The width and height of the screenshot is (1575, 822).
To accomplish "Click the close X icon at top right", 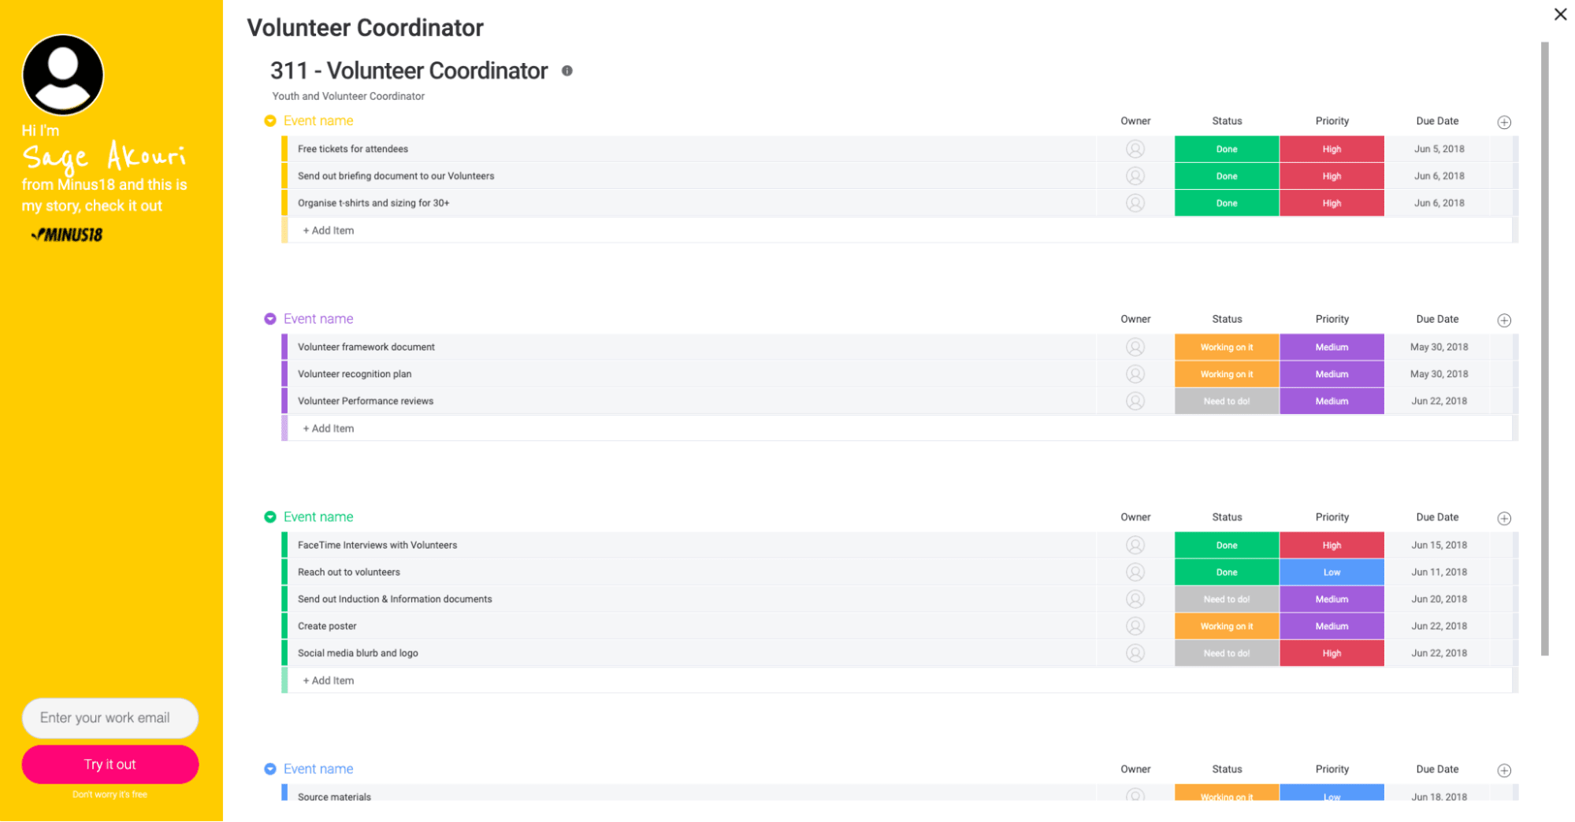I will click(1560, 14).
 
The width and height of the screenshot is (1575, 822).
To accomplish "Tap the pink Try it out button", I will click(110, 765).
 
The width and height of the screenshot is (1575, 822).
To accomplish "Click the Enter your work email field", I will click(110, 718).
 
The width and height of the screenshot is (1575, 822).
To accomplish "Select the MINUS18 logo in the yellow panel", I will click(68, 235).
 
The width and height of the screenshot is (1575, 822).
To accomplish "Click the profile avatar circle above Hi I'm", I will click(63, 75).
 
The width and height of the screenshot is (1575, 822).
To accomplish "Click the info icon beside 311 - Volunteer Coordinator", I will click(567, 71).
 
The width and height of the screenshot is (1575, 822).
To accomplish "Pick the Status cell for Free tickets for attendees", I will click(1227, 149).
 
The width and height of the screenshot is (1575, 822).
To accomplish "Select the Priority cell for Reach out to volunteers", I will click(1332, 572).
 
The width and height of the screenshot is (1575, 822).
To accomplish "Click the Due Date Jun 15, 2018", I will click(1439, 545).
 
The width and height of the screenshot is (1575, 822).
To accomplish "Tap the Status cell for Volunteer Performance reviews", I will click(1227, 402).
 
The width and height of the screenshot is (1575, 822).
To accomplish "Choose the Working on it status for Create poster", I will click(1227, 627).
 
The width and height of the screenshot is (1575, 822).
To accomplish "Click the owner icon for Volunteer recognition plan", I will click(1135, 374).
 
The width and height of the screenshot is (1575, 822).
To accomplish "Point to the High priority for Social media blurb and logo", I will click(1332, 654).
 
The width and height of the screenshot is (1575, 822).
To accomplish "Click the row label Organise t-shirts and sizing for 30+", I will click(373, 203).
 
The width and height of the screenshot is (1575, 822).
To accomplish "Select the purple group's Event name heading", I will click(318, 319).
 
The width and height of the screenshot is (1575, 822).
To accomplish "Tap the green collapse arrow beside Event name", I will click(270, 517).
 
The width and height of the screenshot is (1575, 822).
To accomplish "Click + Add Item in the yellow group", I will click(329, 231).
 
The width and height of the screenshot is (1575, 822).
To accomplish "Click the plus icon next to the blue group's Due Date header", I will click(1504, 771).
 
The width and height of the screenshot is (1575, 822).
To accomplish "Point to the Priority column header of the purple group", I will click(1332, 319).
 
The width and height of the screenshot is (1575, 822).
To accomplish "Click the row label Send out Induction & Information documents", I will click(395, 599).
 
